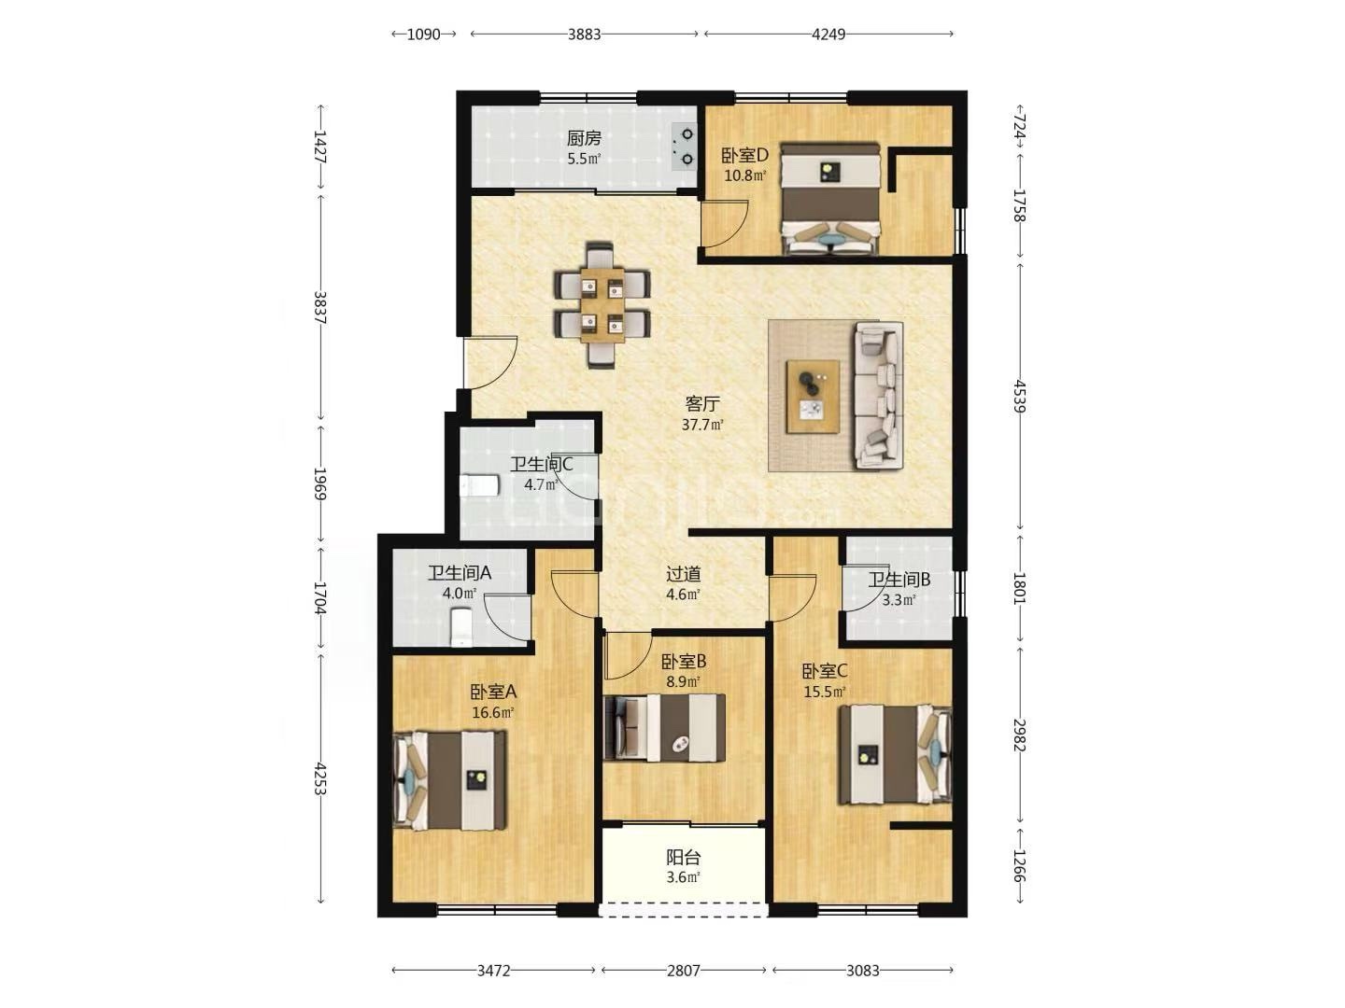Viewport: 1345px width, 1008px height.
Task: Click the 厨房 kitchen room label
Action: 584,138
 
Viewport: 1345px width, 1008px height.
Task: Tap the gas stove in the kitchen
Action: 685,147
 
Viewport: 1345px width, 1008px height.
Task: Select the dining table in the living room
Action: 602,305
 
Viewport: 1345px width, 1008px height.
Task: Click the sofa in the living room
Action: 879,396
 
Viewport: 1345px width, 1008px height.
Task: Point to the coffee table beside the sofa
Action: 814,397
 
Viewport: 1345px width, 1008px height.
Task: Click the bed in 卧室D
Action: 830,199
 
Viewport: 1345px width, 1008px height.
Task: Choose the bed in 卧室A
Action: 449,779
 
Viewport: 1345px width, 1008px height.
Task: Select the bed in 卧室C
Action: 895,755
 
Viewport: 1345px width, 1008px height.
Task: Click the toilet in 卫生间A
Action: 460,626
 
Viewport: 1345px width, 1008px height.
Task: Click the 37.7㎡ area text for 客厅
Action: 702,425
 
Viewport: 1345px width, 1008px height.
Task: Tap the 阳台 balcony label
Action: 683,857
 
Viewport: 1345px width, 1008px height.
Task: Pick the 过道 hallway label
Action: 683,574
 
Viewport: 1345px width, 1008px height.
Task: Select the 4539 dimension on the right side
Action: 1019,396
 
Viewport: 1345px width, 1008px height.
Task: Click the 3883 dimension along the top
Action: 584,35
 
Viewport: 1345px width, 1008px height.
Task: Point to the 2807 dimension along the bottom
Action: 683,971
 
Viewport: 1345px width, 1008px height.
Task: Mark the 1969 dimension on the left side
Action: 319,483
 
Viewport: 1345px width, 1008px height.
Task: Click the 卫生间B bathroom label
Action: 899,580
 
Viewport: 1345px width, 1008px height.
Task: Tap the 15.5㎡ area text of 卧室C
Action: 825,693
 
